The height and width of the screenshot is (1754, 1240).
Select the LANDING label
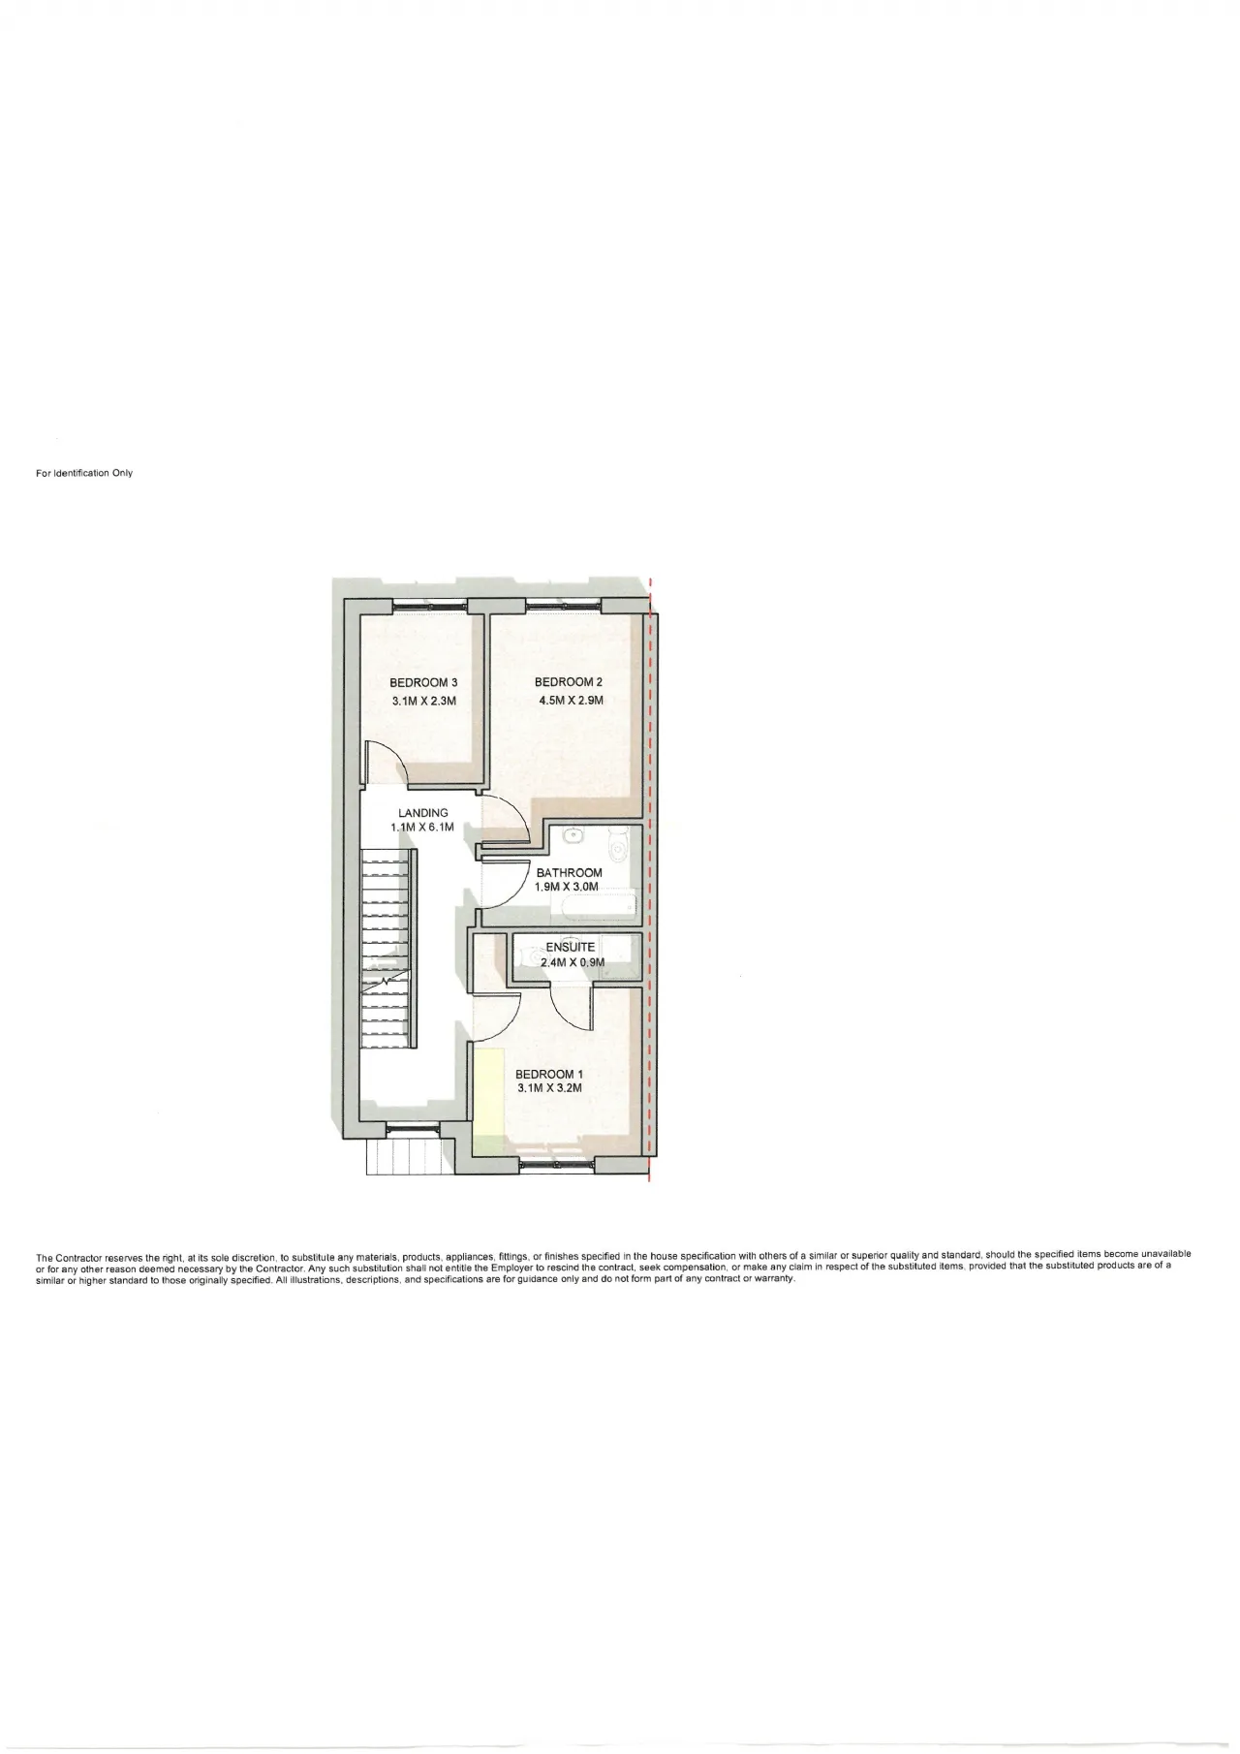[x=423, y=813]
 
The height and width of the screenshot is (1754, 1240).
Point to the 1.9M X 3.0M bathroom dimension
[x=568, y=887]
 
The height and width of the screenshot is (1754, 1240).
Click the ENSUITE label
[x=571, y=948]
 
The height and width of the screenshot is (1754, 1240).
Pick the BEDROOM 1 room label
[x=549, y=1074]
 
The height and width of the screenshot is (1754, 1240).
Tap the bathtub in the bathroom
[x=594, y=906]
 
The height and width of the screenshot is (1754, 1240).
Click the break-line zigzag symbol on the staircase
[x=388, y=982]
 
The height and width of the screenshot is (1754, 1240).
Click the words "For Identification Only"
[x=84, y=474]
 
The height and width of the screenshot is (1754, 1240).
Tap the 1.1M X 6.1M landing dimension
[x=422, y=828]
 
